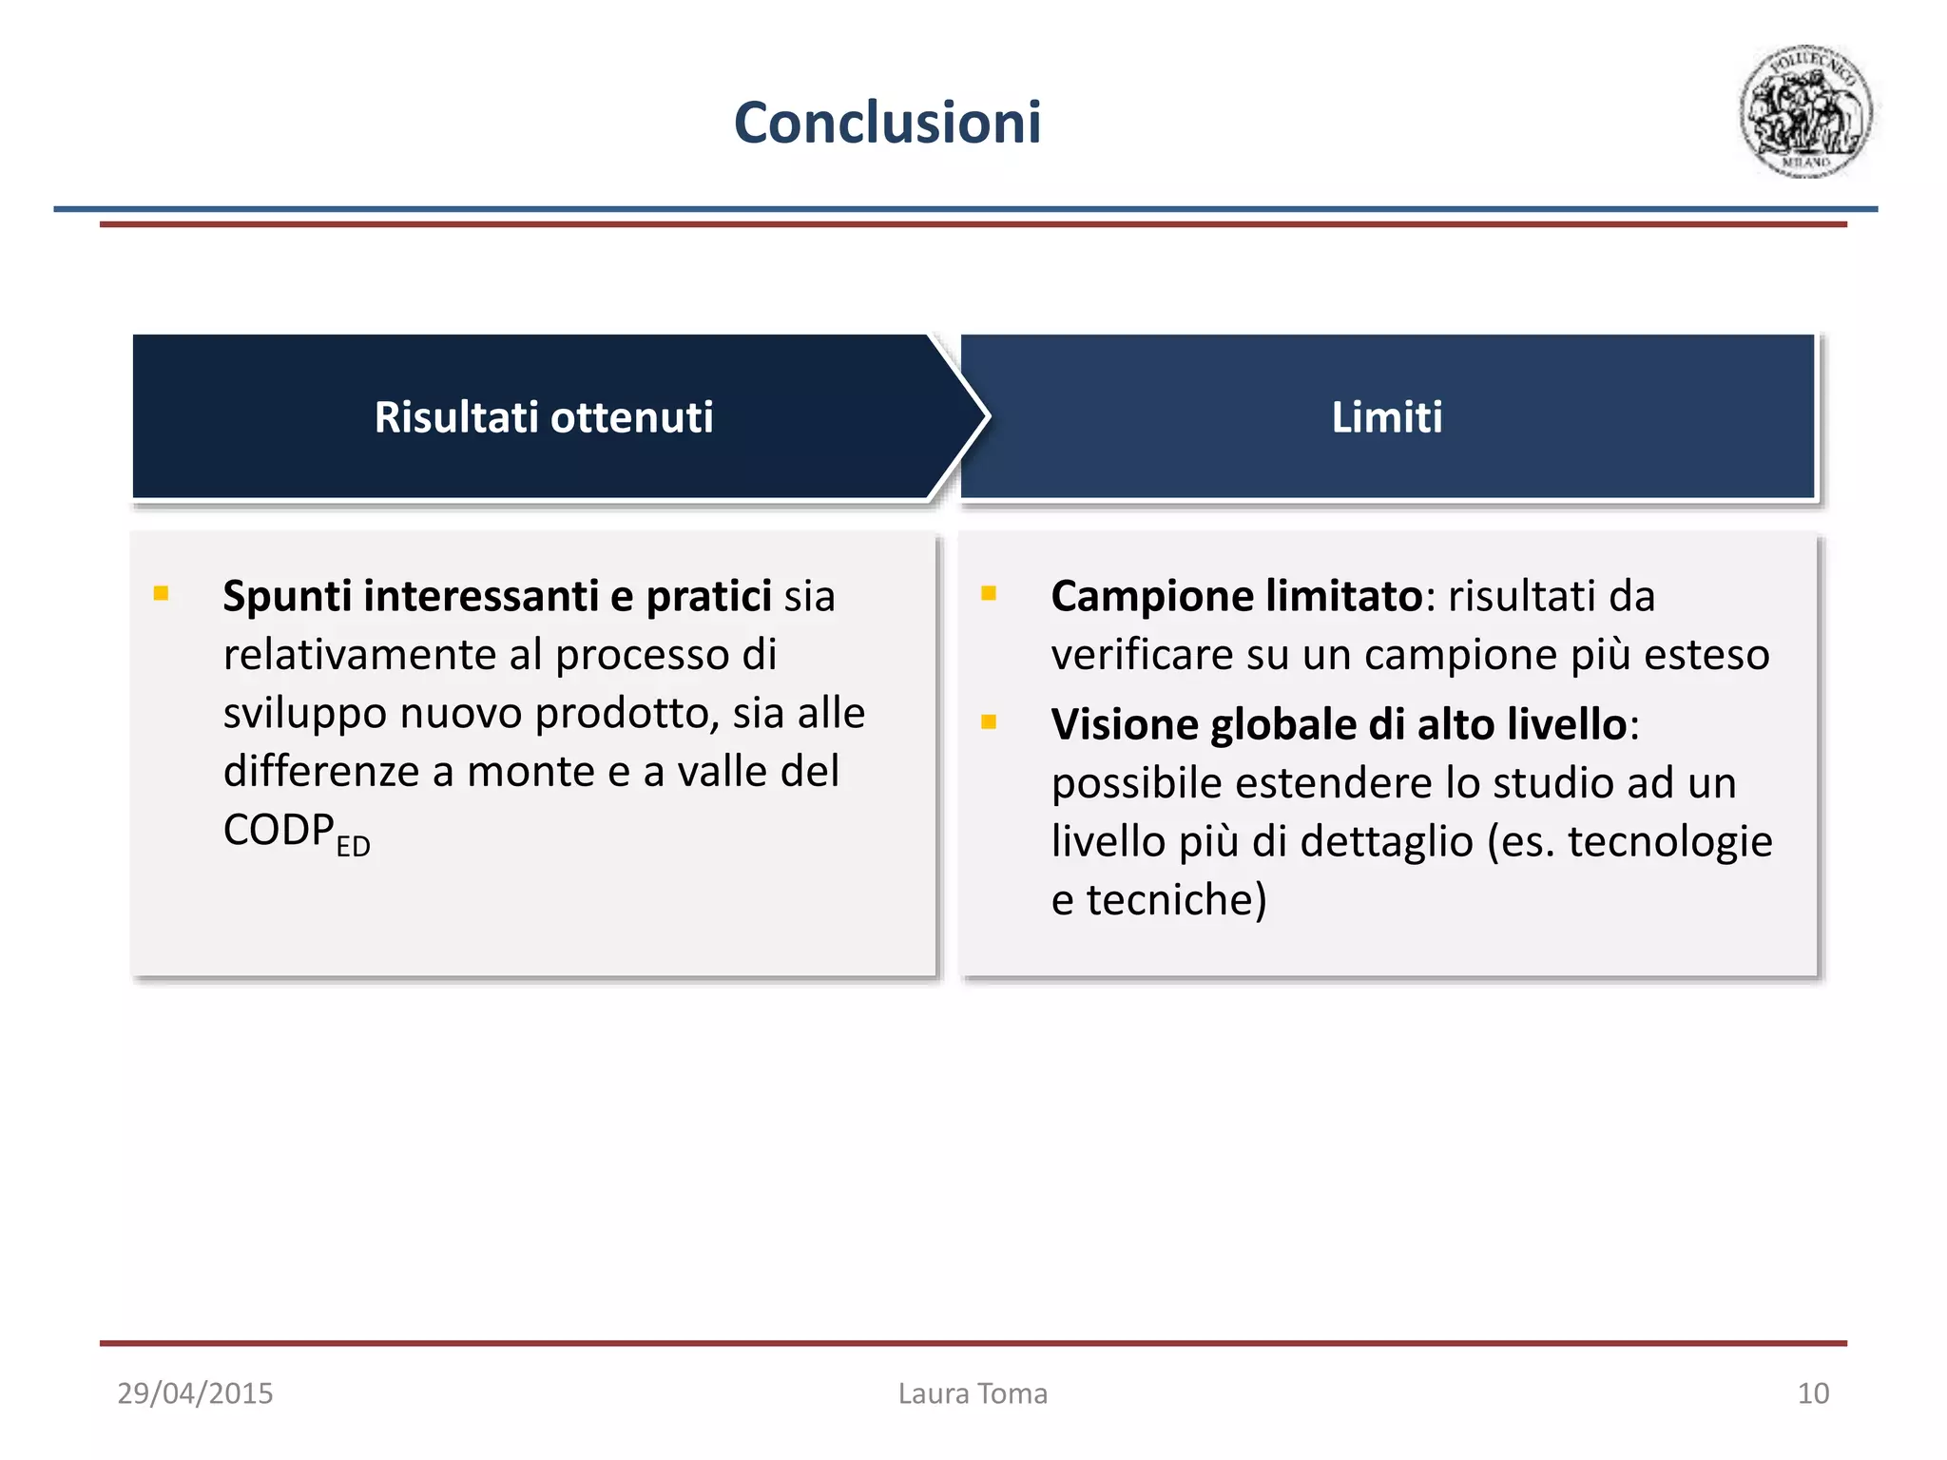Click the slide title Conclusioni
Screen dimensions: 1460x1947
(x=887, y=124)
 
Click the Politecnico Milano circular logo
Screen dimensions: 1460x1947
(x=1804, y=111)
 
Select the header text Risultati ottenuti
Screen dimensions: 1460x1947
(x=543, y=417)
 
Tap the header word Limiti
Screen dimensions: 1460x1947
(x=1386, y=417)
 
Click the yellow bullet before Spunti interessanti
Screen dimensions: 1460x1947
(x=161, y=594)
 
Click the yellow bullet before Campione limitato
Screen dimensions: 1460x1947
(x=989, y=594)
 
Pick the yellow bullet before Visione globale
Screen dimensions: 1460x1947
(x=989, y=722)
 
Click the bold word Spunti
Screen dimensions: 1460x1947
(x=286, y=597)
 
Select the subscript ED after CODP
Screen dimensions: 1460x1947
(x=353, y=846)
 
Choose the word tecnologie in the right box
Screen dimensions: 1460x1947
(x=1669, y=841)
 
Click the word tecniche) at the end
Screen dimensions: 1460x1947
(x=1176, y=900)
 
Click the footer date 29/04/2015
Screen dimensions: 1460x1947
(x=195, y=1393)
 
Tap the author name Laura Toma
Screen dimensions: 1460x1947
(x=973, y=1393)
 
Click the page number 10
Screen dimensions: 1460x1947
(x=1812, y=1393)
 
